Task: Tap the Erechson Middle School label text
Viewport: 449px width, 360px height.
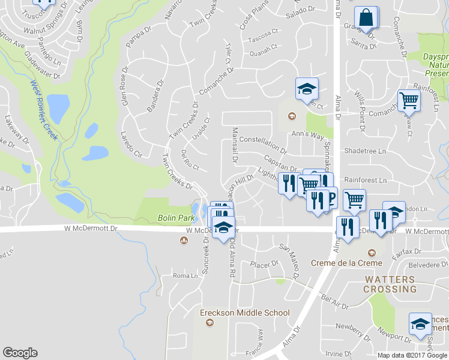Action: tap(245, 313)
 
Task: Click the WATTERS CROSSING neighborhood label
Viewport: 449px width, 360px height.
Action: tap(390, 284)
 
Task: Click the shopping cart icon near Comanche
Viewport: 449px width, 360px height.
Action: tap(408, 100)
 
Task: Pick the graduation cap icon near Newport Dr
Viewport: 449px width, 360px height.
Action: tap(420, 323)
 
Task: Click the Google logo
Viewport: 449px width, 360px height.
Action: tap(20, 353)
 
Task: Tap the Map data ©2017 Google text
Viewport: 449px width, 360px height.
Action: tap(412, 355)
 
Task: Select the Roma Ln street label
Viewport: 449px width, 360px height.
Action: tap(185, 276)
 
